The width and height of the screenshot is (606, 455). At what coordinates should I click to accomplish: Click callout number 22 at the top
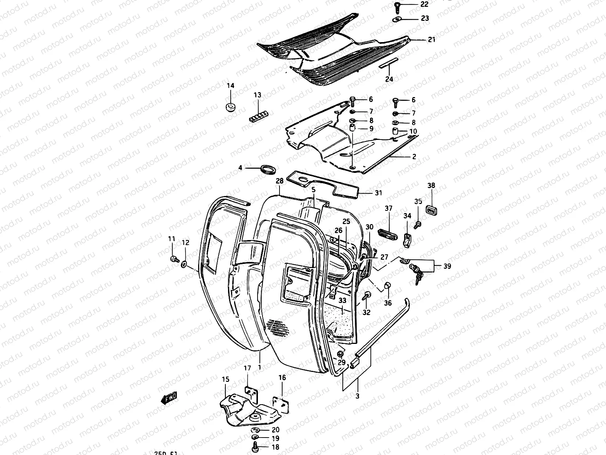point(424,4)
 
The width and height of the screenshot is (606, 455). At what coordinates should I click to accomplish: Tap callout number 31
point(378,193)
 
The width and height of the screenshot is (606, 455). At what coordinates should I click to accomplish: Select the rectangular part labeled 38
point(431,209)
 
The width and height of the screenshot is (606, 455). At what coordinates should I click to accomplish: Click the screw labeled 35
point(418,224)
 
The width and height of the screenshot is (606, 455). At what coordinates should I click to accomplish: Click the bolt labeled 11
point(174,259)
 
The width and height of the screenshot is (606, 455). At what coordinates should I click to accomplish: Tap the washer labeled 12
point(184,264)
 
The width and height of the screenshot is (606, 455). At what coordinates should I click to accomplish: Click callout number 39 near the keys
point(447,266)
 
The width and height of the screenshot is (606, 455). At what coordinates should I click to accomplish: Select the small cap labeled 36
point(388,286)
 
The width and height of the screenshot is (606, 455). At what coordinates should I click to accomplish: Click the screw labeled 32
point(366,296)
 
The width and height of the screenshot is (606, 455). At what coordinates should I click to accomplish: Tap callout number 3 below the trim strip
point(357,396)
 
